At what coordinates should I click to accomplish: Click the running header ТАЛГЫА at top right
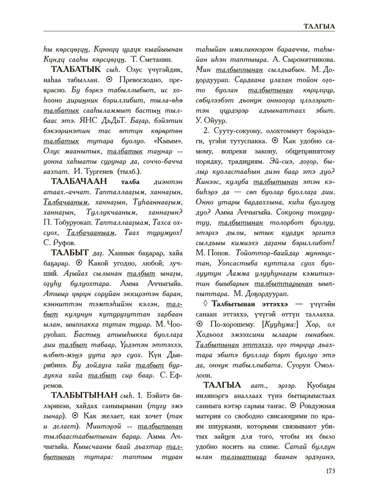click(319, 26)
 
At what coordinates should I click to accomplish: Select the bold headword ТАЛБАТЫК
click(75, 70)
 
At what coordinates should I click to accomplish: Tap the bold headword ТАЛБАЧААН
click(79, 181)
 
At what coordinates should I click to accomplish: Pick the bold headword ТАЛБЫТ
click(70, 253)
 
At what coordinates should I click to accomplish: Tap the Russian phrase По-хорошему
click(230, 324)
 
